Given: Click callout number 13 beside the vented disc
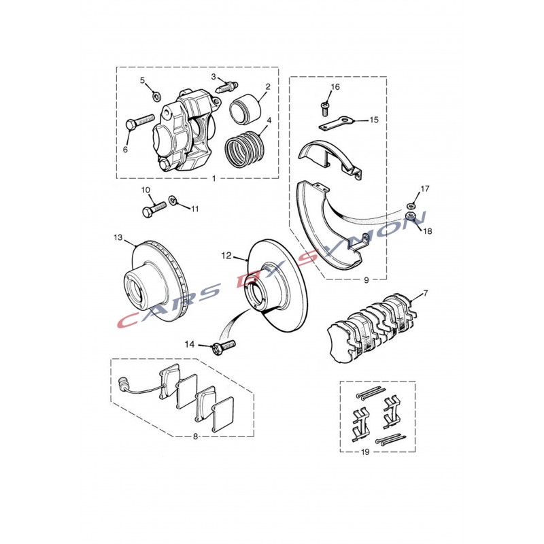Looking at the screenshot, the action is click(118, 237).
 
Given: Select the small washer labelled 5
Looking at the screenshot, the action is click(157, 95).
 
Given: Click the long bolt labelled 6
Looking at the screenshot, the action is click(139, 122).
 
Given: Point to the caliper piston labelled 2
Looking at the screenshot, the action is click(245, 109).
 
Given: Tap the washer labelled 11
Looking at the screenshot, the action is click(173, 200).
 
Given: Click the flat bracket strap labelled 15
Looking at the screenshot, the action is click(335, 124).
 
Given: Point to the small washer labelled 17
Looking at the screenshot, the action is click(410, 205).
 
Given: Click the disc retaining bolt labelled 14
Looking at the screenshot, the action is click(223, 346).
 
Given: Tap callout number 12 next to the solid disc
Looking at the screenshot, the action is click(226, 256).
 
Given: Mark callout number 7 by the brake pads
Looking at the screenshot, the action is click(426, 294).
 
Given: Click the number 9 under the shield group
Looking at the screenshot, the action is click(367, 280).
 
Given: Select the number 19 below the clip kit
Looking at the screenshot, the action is click(365, 452).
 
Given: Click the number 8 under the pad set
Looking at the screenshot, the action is click(195, 436).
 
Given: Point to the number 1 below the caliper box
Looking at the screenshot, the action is click(214, 178).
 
